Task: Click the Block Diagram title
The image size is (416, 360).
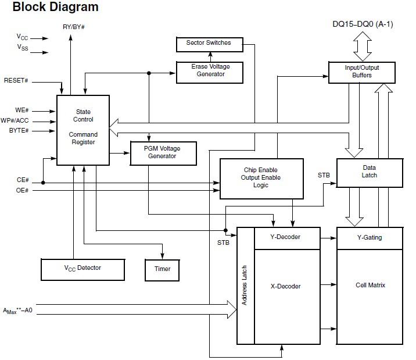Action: tap(55, 8)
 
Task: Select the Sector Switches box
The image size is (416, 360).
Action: tap(208, 43)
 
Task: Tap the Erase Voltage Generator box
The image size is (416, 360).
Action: tap(210, 70)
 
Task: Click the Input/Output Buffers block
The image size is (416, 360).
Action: tap(362, 71)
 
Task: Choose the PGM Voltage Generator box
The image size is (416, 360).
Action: tap(163, 152)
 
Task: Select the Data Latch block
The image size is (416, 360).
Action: tap(369, 171)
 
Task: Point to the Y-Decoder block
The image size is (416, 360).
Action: tap(285, 237)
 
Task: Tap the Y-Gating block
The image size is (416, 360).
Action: tap(370, 237)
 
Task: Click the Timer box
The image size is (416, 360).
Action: tap(163, 269)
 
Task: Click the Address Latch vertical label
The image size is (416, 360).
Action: tap(245, 286)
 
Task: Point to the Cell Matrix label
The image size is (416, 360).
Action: tap(370, 285)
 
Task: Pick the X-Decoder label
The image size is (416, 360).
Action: tap(286, 286)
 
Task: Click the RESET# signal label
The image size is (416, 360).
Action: tap(16, 80)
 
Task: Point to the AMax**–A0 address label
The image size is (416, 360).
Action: tap(17, 312)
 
